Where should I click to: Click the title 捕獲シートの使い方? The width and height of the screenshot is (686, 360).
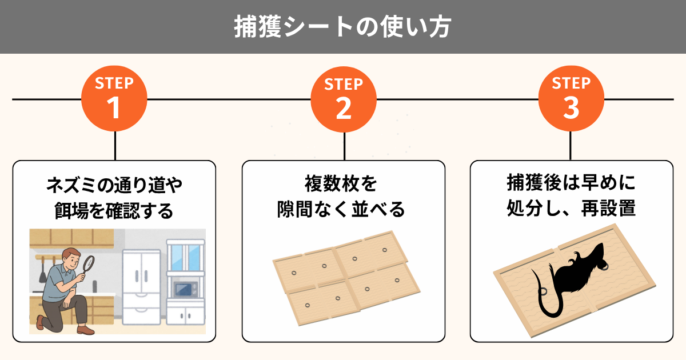(342, 27)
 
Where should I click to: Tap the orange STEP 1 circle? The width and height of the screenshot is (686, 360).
(114, 98)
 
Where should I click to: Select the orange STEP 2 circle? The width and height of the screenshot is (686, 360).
(344, 99)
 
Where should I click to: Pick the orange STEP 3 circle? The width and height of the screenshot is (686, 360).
(571, 98)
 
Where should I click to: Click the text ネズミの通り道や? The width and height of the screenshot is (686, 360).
(114, 185)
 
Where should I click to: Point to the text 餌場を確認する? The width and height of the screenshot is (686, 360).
(114, 211)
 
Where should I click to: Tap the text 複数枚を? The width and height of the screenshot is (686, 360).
(341, 183)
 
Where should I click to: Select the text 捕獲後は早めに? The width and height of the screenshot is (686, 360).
(572, 183)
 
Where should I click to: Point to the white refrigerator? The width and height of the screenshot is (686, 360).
(142, 287)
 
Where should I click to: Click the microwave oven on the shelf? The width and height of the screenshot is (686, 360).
(186, 290)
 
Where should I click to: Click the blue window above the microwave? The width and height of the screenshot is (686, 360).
(185, 258)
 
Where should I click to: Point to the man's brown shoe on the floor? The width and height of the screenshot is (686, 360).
(85, 330)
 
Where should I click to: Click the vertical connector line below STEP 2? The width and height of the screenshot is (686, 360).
(345, 146)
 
